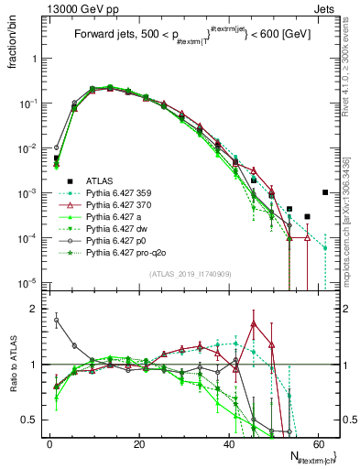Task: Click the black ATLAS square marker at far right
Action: pyautogui.click(x=326, y=192)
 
